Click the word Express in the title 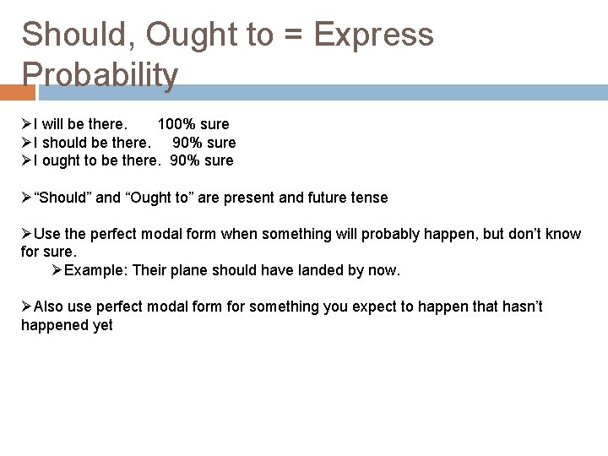(x=372, y=35)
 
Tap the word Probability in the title (x=100, y=74)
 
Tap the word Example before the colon (x=95, y=270)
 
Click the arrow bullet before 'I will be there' (x=26, y=124)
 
